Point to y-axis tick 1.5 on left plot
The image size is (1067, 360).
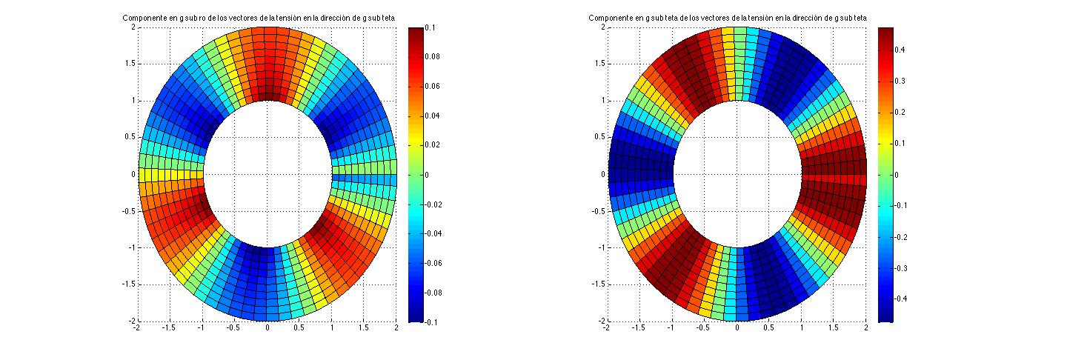(130, 64)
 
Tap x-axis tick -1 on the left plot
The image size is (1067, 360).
(202, 327)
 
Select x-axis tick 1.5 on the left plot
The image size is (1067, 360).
(365, 327)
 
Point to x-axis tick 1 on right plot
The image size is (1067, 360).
(802, 327)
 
